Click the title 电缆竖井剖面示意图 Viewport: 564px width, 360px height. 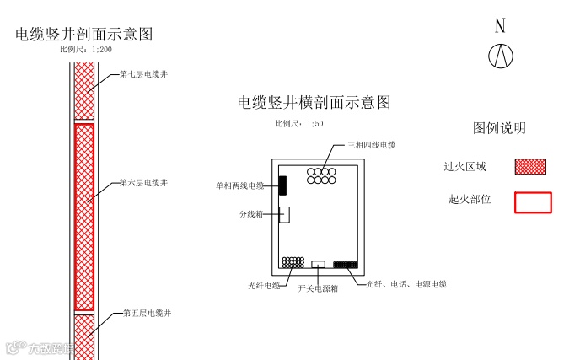84,35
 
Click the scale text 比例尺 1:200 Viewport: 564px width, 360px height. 85,51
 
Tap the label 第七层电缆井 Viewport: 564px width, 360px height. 144,75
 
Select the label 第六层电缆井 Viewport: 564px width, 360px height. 144,182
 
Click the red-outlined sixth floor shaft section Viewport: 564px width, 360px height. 83,217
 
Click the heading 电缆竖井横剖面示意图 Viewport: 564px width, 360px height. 314,103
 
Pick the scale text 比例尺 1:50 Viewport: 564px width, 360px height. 299,124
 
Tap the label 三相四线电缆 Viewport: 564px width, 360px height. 371,146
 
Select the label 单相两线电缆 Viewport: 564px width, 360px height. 240,185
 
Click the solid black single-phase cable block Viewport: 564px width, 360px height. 283,185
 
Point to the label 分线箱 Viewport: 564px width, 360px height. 252,214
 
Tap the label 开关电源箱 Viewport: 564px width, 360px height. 318,288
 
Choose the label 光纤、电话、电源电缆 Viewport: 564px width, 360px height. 406,284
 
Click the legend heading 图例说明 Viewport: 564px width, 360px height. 499,128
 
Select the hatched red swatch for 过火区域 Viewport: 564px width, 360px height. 530,166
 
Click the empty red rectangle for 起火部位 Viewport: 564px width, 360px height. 533,202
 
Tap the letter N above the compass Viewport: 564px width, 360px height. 500,26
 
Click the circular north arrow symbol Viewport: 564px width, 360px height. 501,56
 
